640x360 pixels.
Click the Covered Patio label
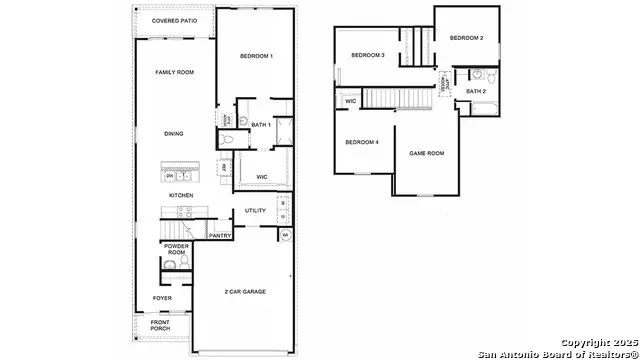(173, 20)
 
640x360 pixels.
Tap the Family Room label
(173, 73)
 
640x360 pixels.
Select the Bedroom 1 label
(258, 56)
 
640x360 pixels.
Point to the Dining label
(174, 133)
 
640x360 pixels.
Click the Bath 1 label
(260, 125)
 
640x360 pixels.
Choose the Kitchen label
(180, 195)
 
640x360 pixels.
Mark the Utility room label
(255, 211)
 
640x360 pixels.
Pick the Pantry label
(220, 236)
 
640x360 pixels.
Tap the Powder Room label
(176, 249)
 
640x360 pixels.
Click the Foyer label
(161, 298)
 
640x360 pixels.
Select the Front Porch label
(160, 325)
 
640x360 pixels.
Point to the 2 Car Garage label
(246, 292)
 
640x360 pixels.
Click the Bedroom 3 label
(369, 55)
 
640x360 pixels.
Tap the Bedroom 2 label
(466, 38)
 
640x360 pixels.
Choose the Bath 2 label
(476, 91)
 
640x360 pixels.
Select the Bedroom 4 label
(362, 142)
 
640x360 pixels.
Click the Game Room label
(427, 153)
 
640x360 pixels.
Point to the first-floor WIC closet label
(262, 177)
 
